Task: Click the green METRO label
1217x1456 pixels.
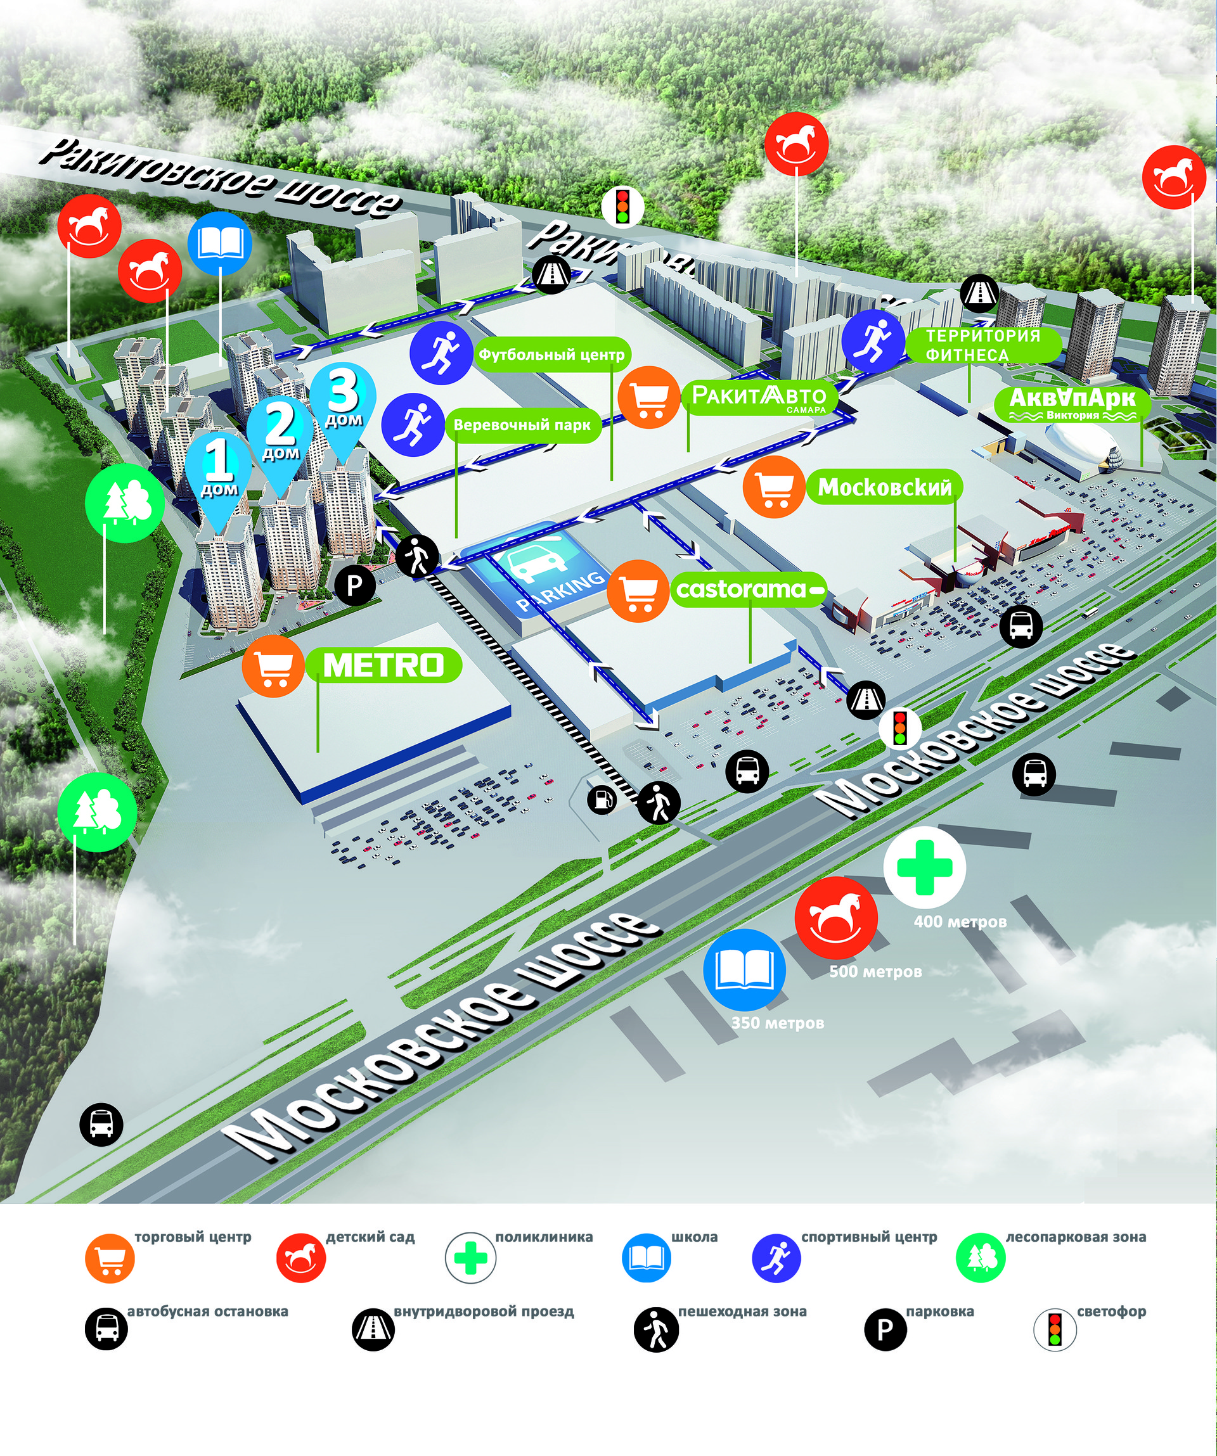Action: [383, 666]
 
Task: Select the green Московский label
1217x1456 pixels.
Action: [885, 487]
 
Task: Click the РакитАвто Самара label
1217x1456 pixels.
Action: [759, 398]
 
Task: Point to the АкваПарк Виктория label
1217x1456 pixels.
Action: [1072, 402]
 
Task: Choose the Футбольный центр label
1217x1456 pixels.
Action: [551, 355]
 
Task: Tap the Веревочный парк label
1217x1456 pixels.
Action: [522, 425]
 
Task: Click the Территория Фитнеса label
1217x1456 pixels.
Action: [983, 345]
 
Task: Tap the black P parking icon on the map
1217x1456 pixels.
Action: [355, 586]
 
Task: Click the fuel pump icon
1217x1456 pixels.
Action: [602, 800]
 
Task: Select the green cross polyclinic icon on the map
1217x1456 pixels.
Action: [924, 867]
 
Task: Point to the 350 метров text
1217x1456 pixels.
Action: [777, 1023]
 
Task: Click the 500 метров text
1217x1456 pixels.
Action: [875, 971]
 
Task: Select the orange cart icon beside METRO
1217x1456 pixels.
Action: [273, 667]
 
